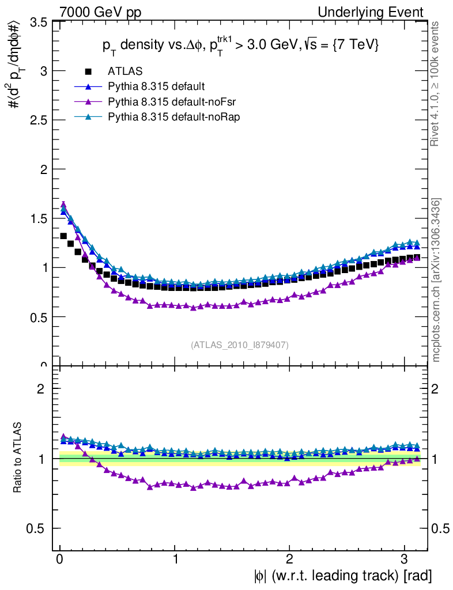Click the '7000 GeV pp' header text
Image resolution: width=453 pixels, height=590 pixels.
tap(100, 12)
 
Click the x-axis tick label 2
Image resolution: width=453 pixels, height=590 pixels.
tap(289, 559)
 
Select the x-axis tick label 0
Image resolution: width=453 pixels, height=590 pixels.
tap(60, 559)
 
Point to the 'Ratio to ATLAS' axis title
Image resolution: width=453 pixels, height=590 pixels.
tap(18, 458)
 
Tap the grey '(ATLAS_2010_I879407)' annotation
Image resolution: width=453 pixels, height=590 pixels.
tap(240, 345)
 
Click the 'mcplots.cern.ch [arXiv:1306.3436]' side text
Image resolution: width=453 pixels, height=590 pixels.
tap(436, 280)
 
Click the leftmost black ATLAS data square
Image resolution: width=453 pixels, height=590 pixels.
tap(63, 236)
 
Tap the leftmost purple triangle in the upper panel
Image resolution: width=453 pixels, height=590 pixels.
tap(63, 204)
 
